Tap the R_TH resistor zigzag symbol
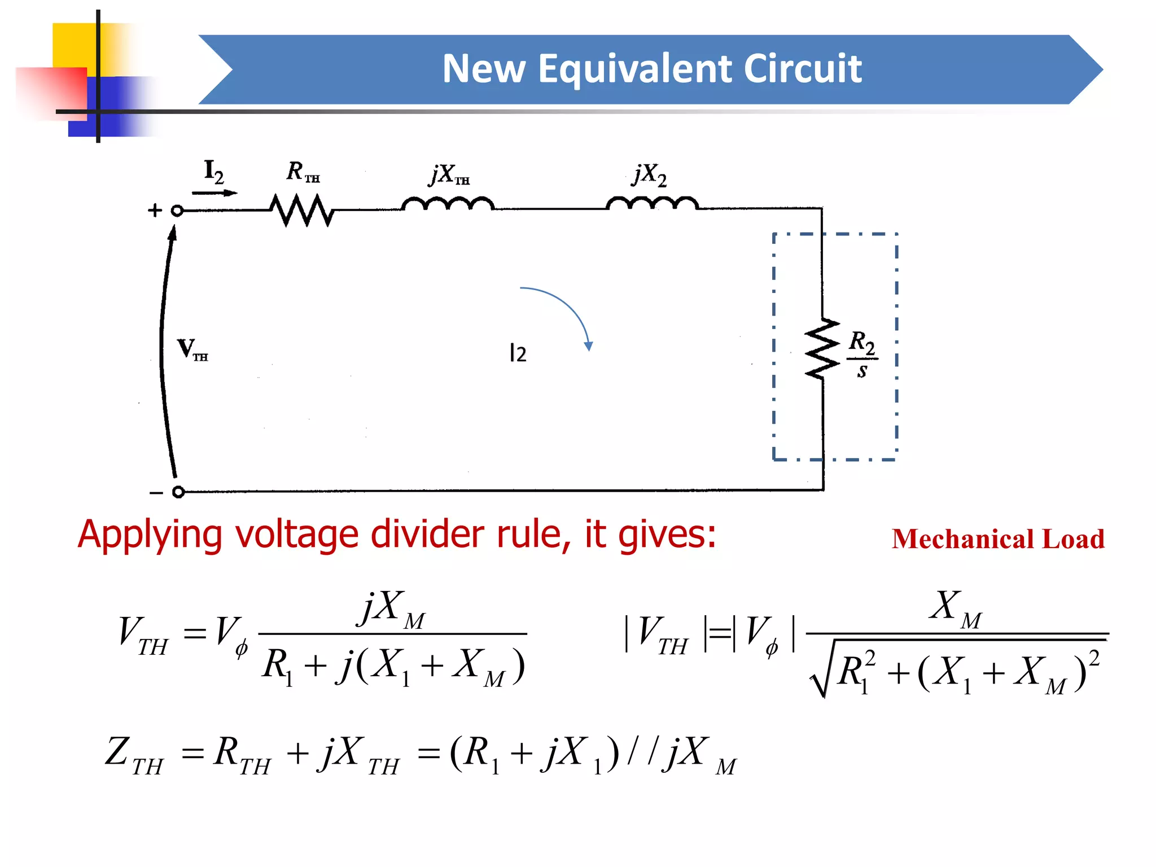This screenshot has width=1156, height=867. [302, 210]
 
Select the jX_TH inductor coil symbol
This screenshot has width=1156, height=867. [448, 204]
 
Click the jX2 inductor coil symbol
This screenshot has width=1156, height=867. [652, 204]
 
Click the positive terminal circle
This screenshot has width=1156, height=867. [177, 211]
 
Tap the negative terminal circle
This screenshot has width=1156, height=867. [178, 492]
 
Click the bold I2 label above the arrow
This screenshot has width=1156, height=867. [214, 171]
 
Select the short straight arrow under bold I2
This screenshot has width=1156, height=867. [214, 193]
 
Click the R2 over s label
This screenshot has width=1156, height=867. [862, 354]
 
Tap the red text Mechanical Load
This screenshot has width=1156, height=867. [997, 539]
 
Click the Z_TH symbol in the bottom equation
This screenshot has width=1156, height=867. [133, 755]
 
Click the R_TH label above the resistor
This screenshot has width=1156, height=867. [302, 172]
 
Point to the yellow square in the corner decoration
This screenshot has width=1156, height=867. [73, 45]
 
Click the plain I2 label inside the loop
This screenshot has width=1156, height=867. [518, 353]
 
